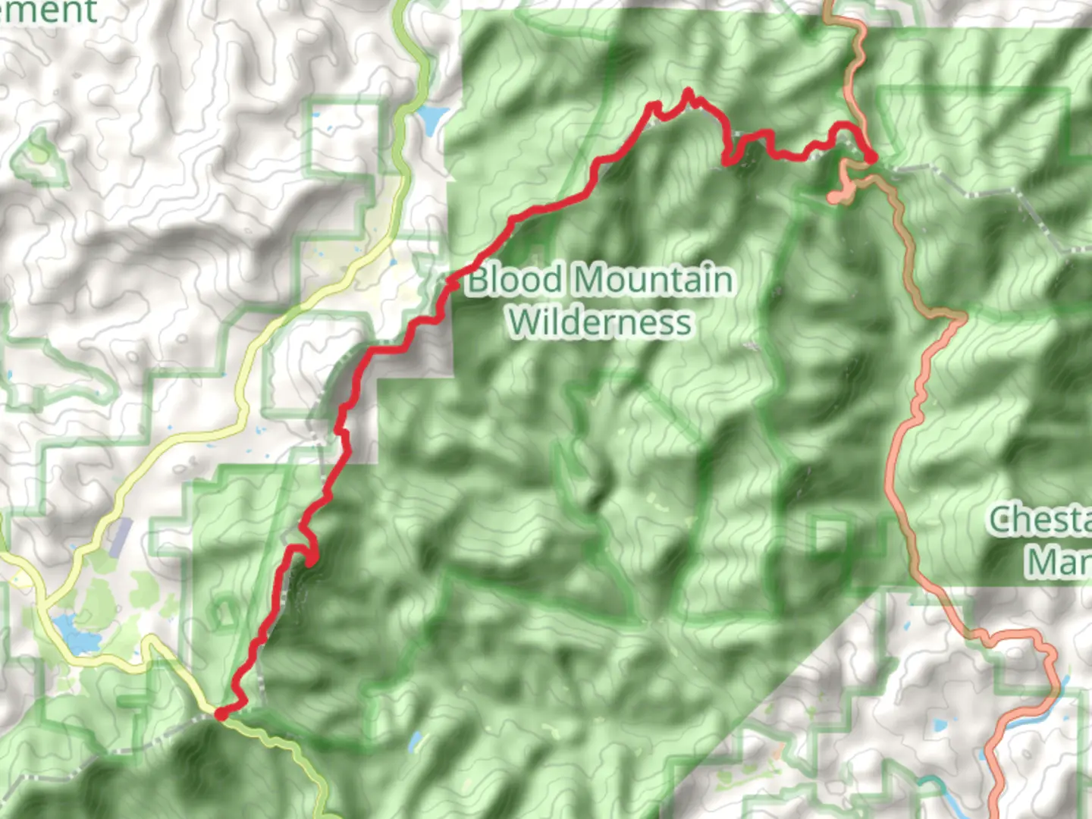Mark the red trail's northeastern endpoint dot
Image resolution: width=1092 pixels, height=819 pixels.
[871, 157]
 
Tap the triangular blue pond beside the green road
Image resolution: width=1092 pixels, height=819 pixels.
[431, 118]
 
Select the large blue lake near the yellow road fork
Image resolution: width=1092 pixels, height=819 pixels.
[76, 635]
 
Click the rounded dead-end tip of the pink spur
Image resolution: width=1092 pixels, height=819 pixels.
[835, 197]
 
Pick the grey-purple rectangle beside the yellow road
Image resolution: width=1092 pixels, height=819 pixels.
[121, 535]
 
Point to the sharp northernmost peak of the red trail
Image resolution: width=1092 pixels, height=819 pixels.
[688, 93]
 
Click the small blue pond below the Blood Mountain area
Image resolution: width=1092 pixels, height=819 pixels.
[416, 741]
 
